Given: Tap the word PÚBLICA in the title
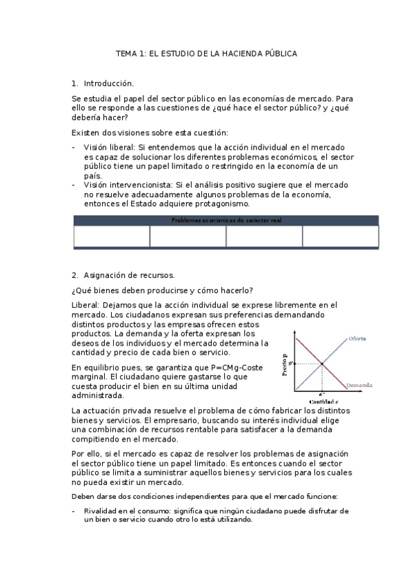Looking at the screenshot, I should (x=280, y=53).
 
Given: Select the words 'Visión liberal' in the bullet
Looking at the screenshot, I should (x=110, y=148).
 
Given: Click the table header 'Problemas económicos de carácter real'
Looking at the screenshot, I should (x=225, y=220).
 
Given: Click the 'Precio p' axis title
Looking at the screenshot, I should (x=283, y=366).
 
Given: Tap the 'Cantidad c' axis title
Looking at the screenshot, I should (x=323, y=401).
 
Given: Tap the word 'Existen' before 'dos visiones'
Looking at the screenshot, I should (x=86, y=132).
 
